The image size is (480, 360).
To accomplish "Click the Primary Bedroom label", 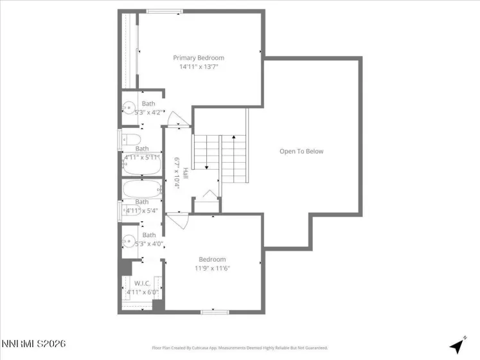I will click(199, 58).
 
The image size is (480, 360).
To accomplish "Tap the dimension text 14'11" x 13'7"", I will click(199, 66).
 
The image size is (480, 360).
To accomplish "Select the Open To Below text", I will click(301, 152).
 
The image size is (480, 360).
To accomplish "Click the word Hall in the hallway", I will click(185, 174).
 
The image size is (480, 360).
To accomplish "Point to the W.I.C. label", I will click(141, 283).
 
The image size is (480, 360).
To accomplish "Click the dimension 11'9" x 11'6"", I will click(212, 268).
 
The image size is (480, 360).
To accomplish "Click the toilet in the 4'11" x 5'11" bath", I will click(131, 139).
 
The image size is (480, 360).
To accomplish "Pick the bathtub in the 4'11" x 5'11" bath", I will click(141, 165).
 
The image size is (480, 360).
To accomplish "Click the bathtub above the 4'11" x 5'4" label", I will click(141, 189).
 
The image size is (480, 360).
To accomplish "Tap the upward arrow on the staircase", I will click(235, 138).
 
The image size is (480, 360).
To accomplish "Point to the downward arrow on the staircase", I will click(207, 166).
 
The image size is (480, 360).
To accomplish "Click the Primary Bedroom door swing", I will click(175, 118).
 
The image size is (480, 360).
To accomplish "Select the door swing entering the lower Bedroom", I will click(176, 221).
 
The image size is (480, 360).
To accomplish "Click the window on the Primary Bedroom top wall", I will click(164, 11).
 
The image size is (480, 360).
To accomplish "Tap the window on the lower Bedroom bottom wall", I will click(215, 312).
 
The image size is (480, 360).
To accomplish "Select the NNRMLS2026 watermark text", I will click(33, 345).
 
